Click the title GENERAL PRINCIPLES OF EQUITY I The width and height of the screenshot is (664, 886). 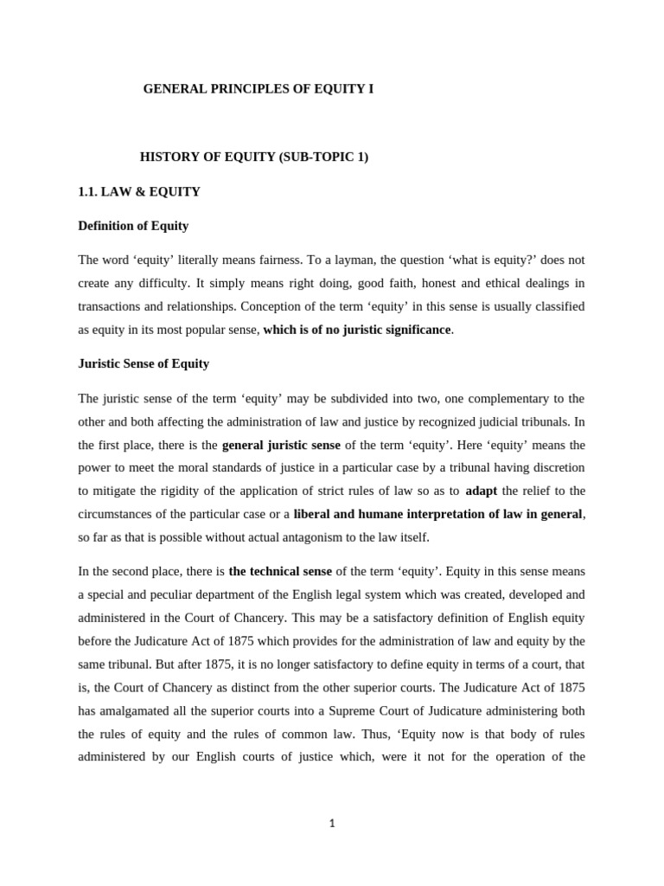point(259,89)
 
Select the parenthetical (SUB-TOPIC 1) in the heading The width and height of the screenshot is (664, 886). point(320,157)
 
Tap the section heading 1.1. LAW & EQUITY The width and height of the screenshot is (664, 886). point(139,191)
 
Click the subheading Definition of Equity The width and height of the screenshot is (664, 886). point(133,226)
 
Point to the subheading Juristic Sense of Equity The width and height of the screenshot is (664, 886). point(144,363)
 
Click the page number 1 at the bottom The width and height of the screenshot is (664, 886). point(331,823)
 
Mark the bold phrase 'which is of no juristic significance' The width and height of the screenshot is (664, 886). point(357,330)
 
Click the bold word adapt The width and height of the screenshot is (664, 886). point(482,491)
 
